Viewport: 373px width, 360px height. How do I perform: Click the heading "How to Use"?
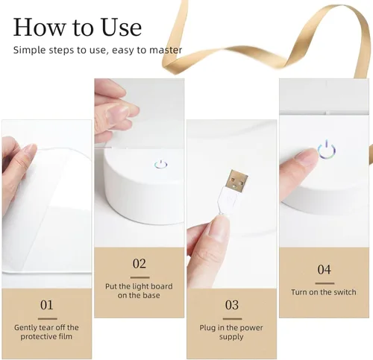[x=78, y=27]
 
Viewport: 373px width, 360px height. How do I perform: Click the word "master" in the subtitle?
[x=166, y=50]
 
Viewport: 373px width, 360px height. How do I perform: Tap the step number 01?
[x=47, y=305]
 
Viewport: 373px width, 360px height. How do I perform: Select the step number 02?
[x=140, y=264]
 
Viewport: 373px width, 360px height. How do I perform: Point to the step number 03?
[x=232, y=305]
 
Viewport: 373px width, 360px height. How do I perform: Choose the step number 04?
[x=324, y=270]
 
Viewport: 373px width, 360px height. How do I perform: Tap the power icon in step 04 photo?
[x=327, y=150]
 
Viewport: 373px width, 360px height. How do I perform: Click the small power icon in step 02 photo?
[x=160, y=165]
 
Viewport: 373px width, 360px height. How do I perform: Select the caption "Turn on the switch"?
[x=324, y=292]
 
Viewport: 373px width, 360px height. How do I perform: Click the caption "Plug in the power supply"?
[x=231, y=332]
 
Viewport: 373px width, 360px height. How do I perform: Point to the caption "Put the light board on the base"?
[x=139, y=291]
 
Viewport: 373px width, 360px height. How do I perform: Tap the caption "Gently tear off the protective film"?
[x=46, y=332]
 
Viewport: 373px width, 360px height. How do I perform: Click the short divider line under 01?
[x=48, y=319]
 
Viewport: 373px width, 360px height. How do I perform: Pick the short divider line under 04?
[x=325, y=283]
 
